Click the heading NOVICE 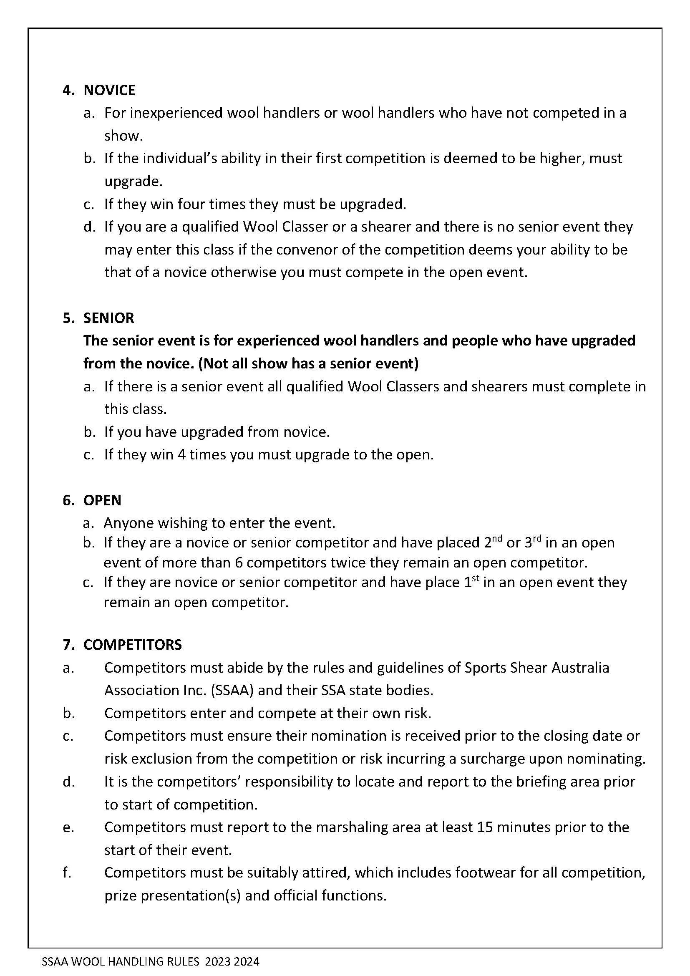pyautogui.click(x=109, y=90)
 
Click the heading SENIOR pyautogui.click(x=109, y=318)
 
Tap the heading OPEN pyautogui.click(x=102, y=500)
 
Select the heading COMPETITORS pyautogui.click(x=133, y=645)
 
